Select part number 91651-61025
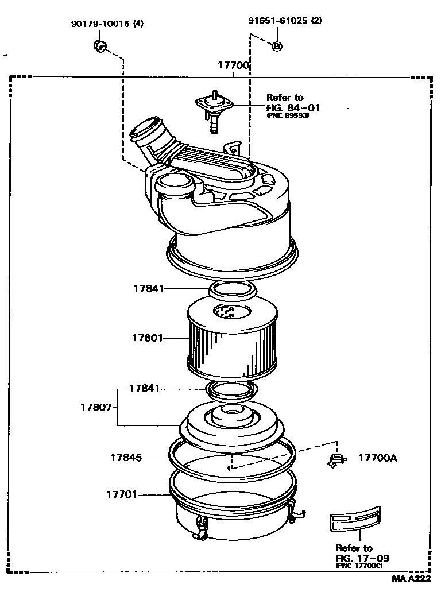(x=277, y=21)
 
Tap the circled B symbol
(x=276, y=46)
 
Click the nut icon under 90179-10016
(x=99, y=45)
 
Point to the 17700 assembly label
(x=233, y=65)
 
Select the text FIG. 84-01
(x=293, y=107)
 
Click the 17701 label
(x=121, y=494)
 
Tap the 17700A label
(x=377, y=458)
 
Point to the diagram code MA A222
(x=411, y=579)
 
